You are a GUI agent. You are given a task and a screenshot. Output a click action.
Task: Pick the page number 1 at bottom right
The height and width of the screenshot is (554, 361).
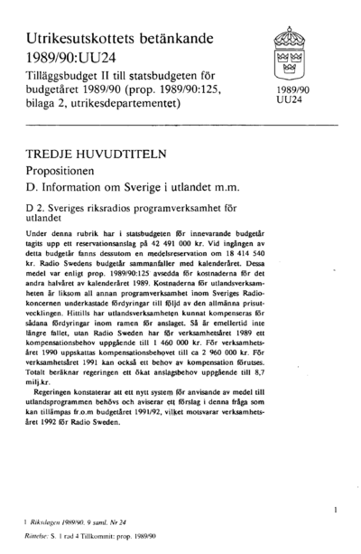coord(335,512)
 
